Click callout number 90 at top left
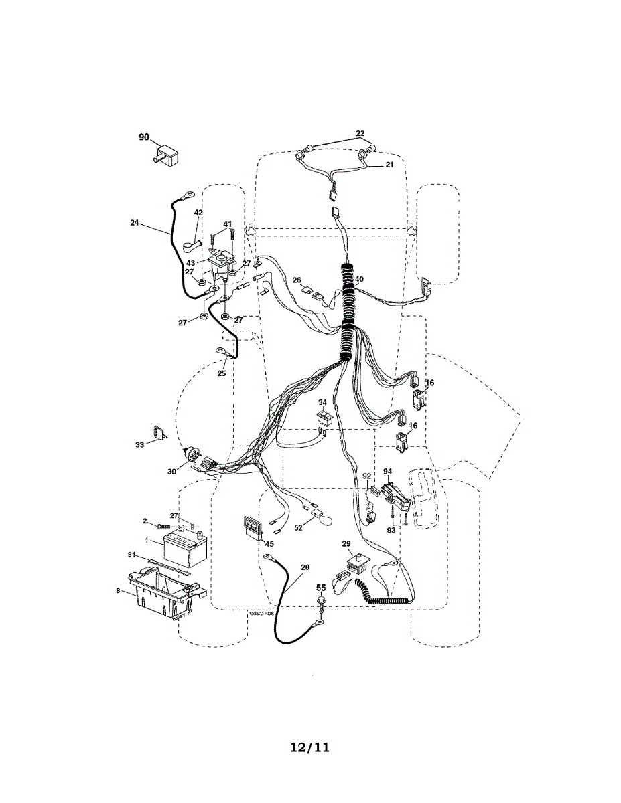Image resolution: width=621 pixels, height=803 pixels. coord(144,137)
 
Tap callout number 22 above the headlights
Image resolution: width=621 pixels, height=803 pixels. coord(360,133)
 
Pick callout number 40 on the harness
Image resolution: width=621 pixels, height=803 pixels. coord(360,279)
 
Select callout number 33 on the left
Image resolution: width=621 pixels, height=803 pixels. coord(139,444)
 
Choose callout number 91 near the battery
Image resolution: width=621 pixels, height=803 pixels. coord(131,555)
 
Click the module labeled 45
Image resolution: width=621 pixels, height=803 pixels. coord(251,527)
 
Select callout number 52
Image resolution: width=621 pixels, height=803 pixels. coord(298,527)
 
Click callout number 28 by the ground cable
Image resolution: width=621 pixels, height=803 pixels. coord(305,567)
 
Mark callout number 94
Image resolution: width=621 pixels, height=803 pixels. coord(387,472)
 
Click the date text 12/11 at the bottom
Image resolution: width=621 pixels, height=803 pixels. coord(310,747)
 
